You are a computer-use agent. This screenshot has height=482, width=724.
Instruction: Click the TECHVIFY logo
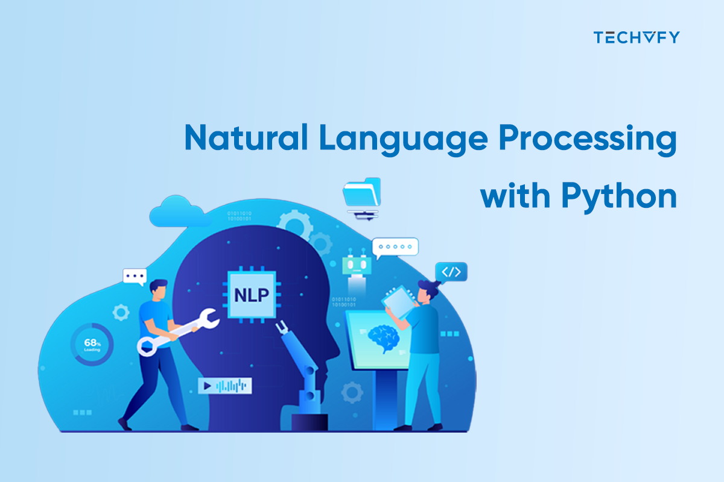(636, 37)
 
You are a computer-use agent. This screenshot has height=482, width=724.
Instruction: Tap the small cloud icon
(174, 211)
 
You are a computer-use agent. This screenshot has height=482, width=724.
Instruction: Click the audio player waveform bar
(224, 385)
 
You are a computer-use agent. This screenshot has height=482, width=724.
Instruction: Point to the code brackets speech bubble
(451, 272)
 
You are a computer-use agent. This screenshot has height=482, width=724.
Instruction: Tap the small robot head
(355, 266)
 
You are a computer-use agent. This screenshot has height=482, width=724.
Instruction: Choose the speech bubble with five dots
(395, 247)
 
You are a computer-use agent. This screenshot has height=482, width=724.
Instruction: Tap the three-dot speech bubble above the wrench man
(135, 277)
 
